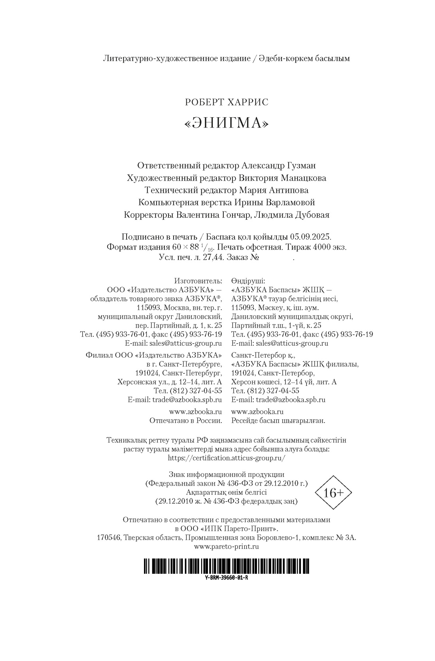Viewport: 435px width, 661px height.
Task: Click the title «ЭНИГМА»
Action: pyautogui.click(x=227, y=124)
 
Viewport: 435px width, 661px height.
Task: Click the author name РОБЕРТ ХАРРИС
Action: pyautogui.click(x=227, y=102)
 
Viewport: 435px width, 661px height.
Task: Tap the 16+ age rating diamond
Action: pyautogui.click(x=333, y=493)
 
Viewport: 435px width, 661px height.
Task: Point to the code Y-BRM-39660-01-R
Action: pyautogui.click(x=227, y=577)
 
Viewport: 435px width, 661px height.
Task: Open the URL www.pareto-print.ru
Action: pyautogui.click(x=227, y=547)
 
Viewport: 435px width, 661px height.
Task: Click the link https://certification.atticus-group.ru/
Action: pyautogui.click(x=227, y=457)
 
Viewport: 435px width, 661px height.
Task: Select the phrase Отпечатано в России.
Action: pyautogui.click(x=185, y=421)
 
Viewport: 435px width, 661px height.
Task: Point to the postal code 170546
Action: pyautogui.click(x=109, y=537)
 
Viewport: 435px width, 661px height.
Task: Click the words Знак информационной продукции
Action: pyautogui.click(x=227, y=474)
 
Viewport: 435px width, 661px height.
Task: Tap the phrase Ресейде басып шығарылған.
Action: pyautogui.click(x=278, y=421)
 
